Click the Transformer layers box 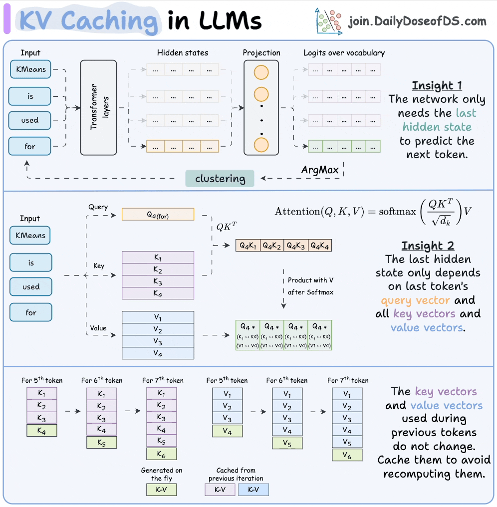pos(98,107)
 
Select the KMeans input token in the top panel pos(30,69)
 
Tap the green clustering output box pos(220,179)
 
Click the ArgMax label pos(319,170)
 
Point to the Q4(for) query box pos(158,215)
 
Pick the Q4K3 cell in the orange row pos(295,246)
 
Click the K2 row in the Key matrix pos(158,270)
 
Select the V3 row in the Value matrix pos(158,342)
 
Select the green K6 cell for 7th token pos(161,453)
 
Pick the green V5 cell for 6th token pos(287,442)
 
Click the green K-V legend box pos(161,490)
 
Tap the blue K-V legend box pos(253,490)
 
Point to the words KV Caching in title pos(87,21)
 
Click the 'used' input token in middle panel pos(31,287)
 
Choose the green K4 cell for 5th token pos(42,431)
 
